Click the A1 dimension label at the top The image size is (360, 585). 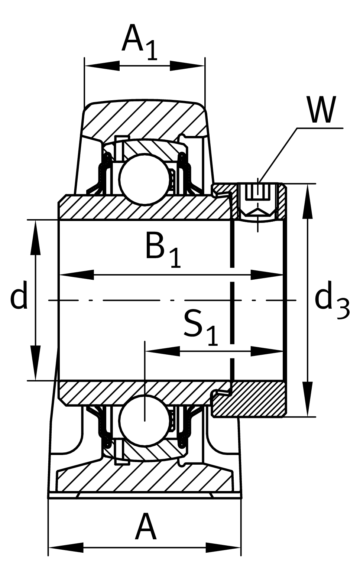click(x=140, y=42)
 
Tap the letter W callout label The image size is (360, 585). click(x=321, y=110)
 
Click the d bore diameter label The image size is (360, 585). click(x=19, y=295)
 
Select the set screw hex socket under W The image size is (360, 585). click(x=258, y=201)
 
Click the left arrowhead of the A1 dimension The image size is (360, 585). click(x=102, y=66)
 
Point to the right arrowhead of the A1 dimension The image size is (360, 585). click(x=187, y=66)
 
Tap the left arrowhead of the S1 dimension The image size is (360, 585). click(x=162, y=351)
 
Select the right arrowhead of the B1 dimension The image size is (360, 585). click(x=267, y=275)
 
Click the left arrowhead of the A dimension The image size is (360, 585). click(x=66, y=547)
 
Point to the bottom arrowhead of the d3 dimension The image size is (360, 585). click(x=308, y=399)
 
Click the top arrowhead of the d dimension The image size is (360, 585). click(x=36, y=237)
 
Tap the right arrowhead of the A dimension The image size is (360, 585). click(x=223, y=547)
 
